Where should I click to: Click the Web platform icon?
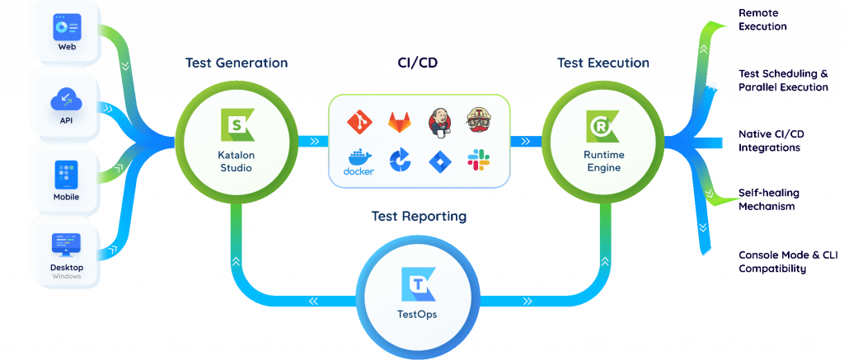coord(67,27)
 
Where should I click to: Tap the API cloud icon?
coord(67,101)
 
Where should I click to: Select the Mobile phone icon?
coord(67,174)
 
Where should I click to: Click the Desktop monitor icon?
coord(67,245)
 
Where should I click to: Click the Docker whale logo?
coord(359,161)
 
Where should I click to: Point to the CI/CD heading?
coord(418,63)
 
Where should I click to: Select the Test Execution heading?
coord(603,63)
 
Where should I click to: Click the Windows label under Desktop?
coord(67,277)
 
